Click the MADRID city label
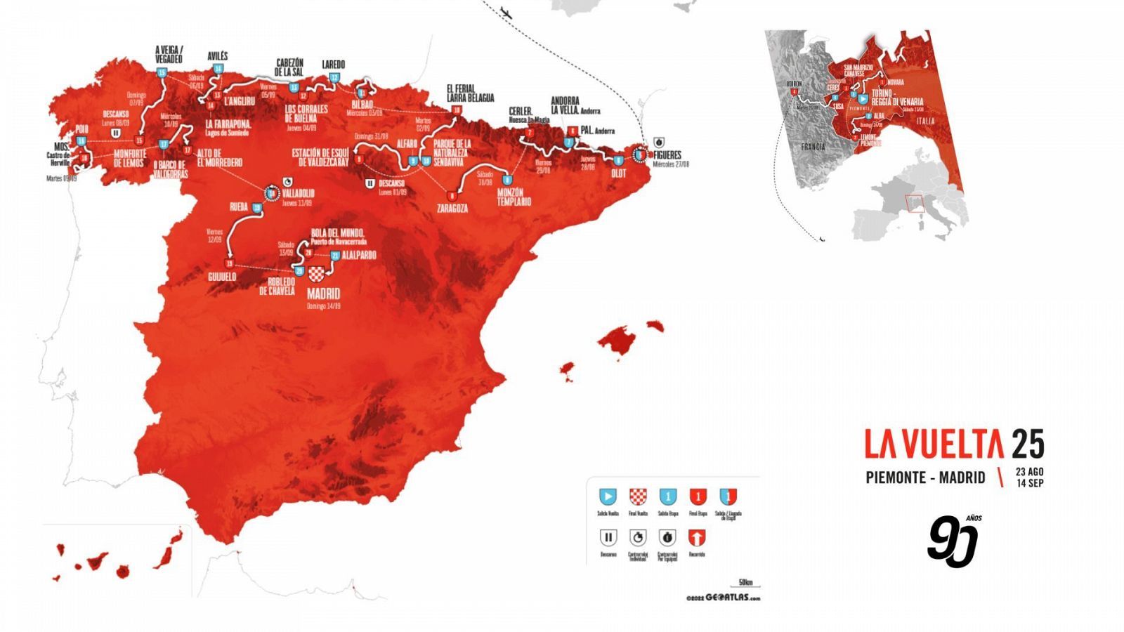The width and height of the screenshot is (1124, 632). click(323, 294)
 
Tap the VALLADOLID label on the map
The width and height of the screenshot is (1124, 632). click(299, 193)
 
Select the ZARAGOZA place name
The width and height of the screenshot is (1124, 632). click(452, 209)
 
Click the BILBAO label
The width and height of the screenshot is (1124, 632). click(362, 105)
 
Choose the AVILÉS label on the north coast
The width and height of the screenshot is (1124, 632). click(218, 56)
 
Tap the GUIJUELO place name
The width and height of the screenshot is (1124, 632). click(222, 277)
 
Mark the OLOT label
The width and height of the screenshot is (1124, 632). click(618, 173)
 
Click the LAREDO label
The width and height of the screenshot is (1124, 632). click(334, 65)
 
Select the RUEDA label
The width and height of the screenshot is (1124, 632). click(239, 207)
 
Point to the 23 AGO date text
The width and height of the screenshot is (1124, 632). click(1029, 472)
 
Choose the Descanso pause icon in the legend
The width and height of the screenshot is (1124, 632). click(608, 538)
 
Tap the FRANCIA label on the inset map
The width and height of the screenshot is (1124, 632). click(813, 147)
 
